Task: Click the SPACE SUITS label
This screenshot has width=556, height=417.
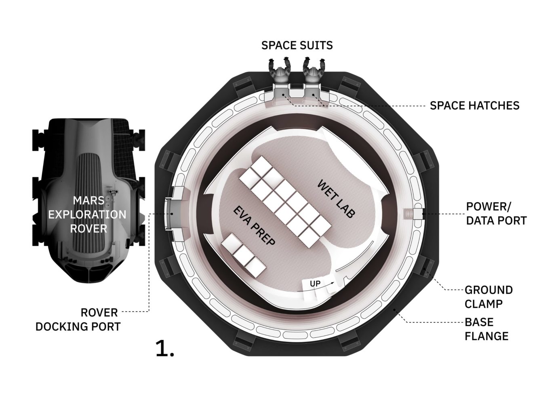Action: pyautogui.click(x=297, y=45)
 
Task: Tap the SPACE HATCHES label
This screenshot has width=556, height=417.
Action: pyautogui.click(x=474, y=105)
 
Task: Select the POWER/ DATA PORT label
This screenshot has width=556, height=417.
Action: pyautogui.click(x=496, y=213)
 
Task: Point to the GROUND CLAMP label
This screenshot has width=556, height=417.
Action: pyautogui.click(x=489, y=297)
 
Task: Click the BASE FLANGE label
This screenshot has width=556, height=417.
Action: pyautogui.click(x=486, y=329)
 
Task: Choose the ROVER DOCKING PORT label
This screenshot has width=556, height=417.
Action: pyautogui.click(x=78, y=320)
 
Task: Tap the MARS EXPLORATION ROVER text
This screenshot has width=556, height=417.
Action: pyautogui.click(x=87, y=215)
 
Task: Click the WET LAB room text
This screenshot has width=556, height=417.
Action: pyautogui.click(x=336, y=199)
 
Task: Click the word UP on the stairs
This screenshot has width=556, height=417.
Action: pyautogui.click(x=315, y=284)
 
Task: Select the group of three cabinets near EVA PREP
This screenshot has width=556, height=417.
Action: pyautogui.click(x=243, y=255)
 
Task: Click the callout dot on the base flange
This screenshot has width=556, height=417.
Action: pyautogui.click(x=394, y=310)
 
